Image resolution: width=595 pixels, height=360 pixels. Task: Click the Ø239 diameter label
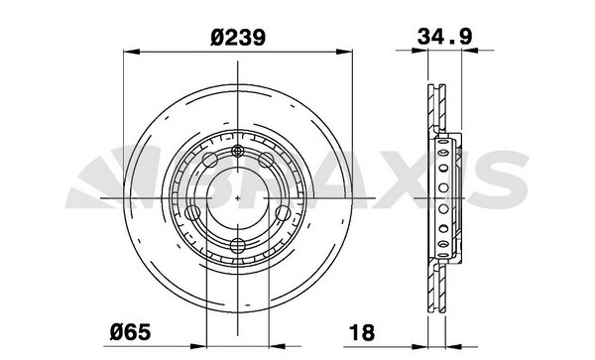[x=238, y=38]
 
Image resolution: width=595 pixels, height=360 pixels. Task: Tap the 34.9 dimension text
[x=444, y=37]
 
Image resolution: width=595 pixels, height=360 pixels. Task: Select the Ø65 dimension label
[x=130, y=332]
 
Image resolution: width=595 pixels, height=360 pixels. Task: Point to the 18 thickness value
[x=362, y=332]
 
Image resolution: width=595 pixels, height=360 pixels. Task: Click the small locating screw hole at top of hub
[x=238, y=151]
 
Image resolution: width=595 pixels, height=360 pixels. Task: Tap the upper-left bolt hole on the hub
[x=210, y=160]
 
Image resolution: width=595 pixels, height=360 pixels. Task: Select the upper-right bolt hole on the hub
[x=266, y=160]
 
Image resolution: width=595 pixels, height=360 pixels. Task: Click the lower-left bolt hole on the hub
[x=192, y=213]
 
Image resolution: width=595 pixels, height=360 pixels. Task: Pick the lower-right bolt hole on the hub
[x=283, y=213]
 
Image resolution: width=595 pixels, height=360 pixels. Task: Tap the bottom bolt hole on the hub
[x=238, y=246]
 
